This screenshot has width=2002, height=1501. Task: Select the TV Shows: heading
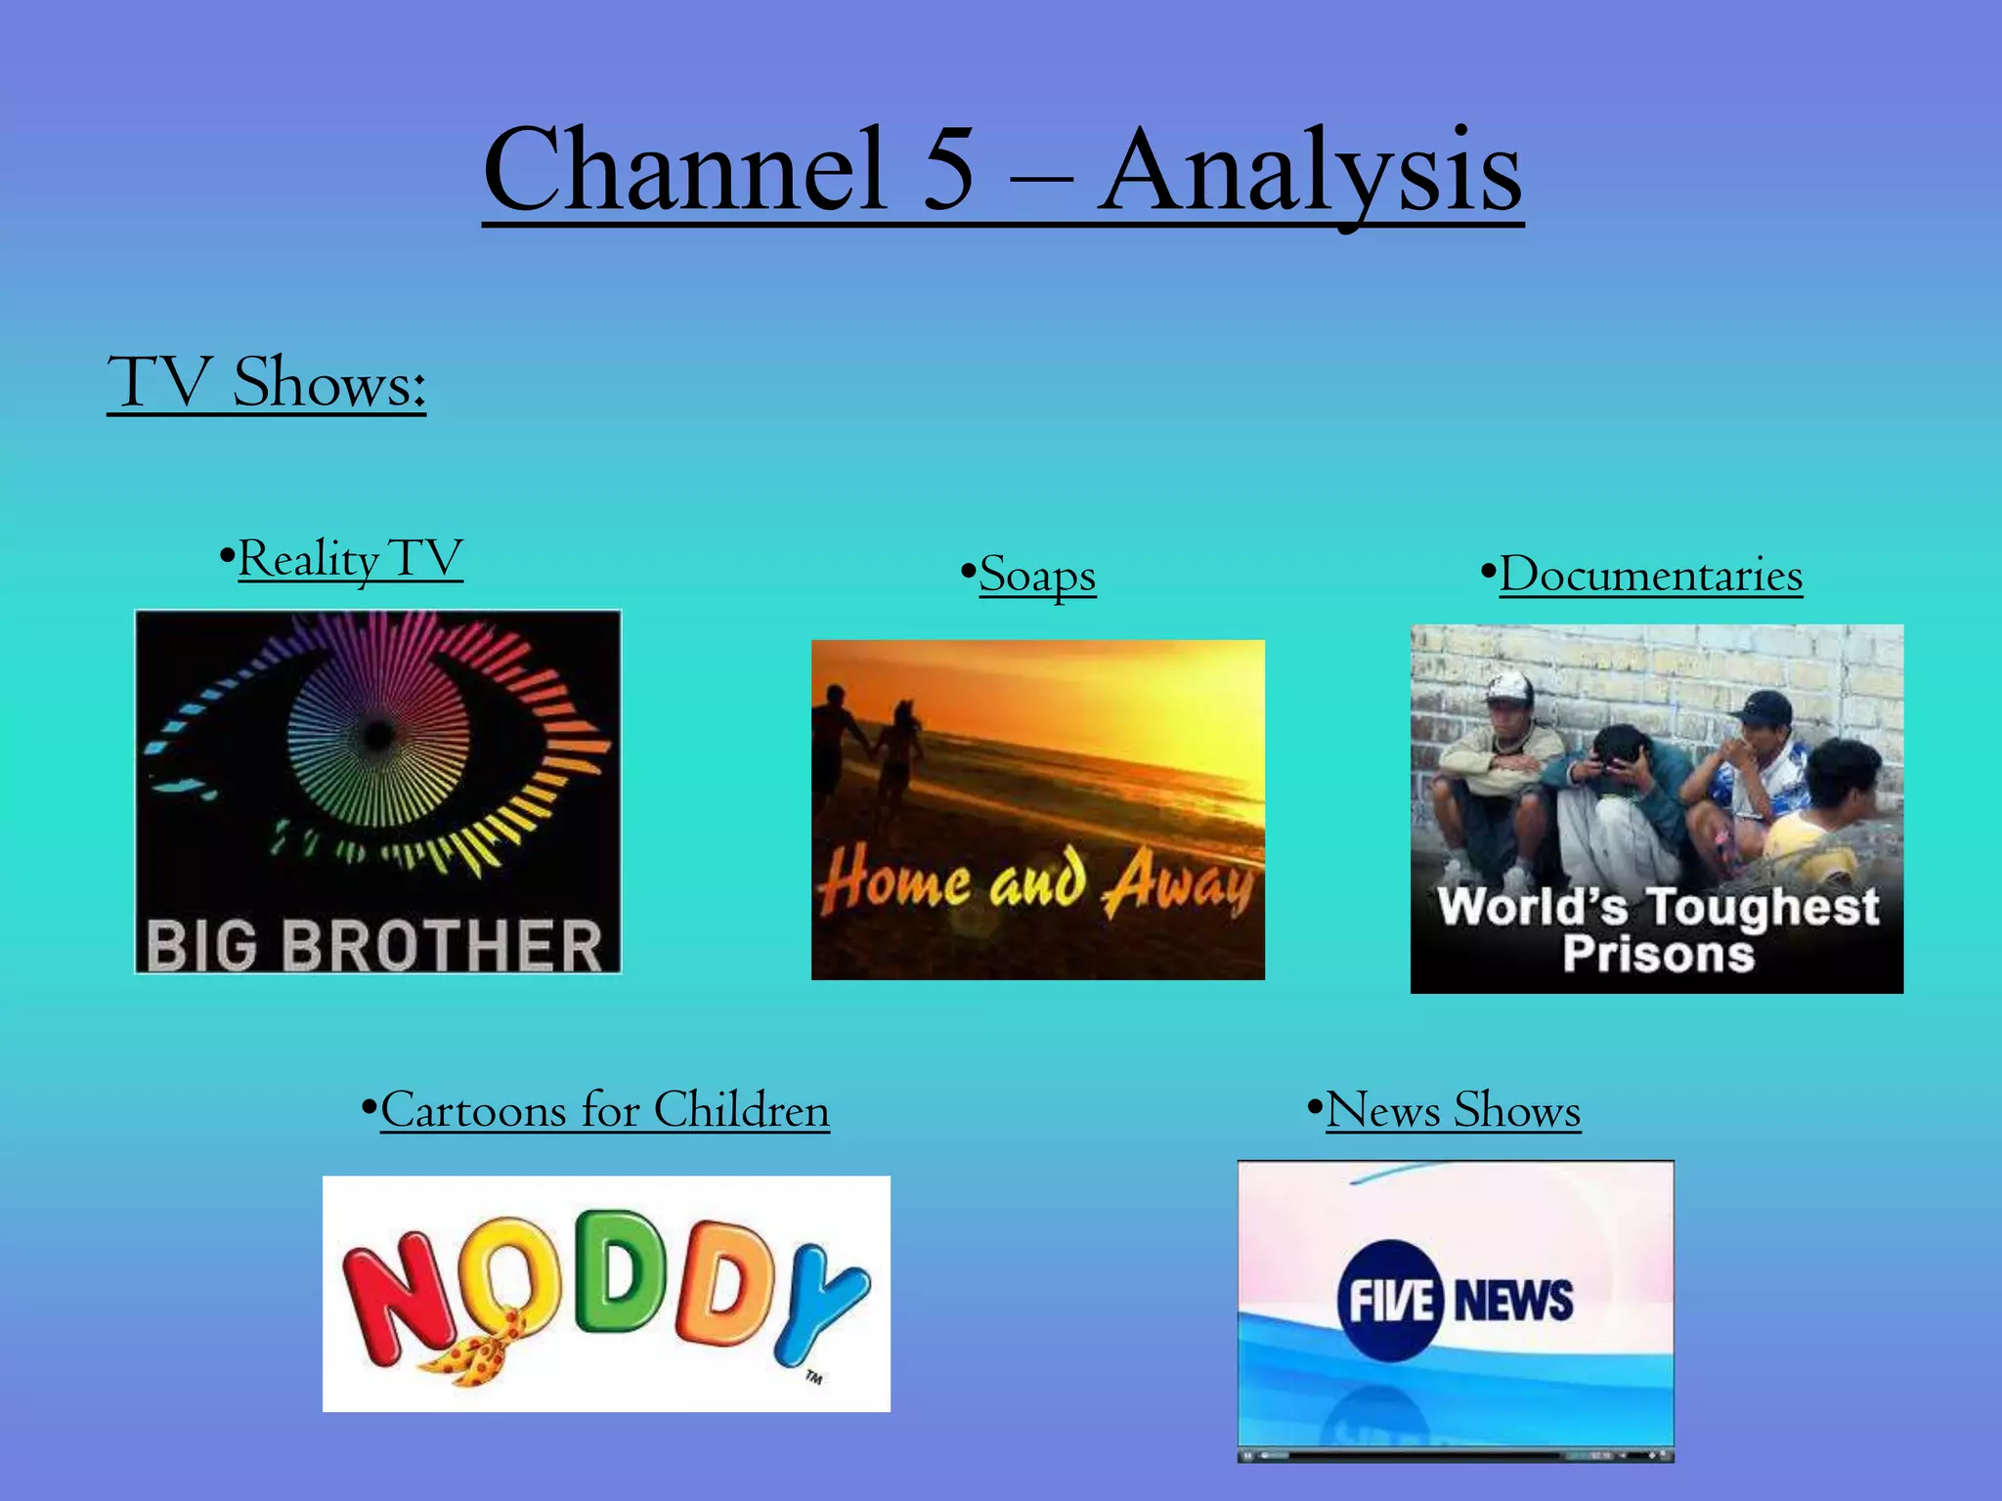point(266,383)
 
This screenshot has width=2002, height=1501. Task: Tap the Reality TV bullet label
point(349,559)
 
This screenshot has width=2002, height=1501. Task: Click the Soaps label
point(1036,575)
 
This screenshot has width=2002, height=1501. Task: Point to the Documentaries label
point(1650,575)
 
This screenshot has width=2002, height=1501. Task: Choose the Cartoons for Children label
point(604,1110)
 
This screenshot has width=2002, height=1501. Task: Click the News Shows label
point(1453,1110)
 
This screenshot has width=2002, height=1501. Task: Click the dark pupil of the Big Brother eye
point(378,734)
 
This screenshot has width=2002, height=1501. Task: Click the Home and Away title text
point(1036,881)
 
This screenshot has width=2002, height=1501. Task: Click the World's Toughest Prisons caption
point(1657,929)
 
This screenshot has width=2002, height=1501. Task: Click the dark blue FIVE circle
point(1390,1301)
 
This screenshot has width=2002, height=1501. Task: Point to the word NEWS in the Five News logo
point(1513,1301)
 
